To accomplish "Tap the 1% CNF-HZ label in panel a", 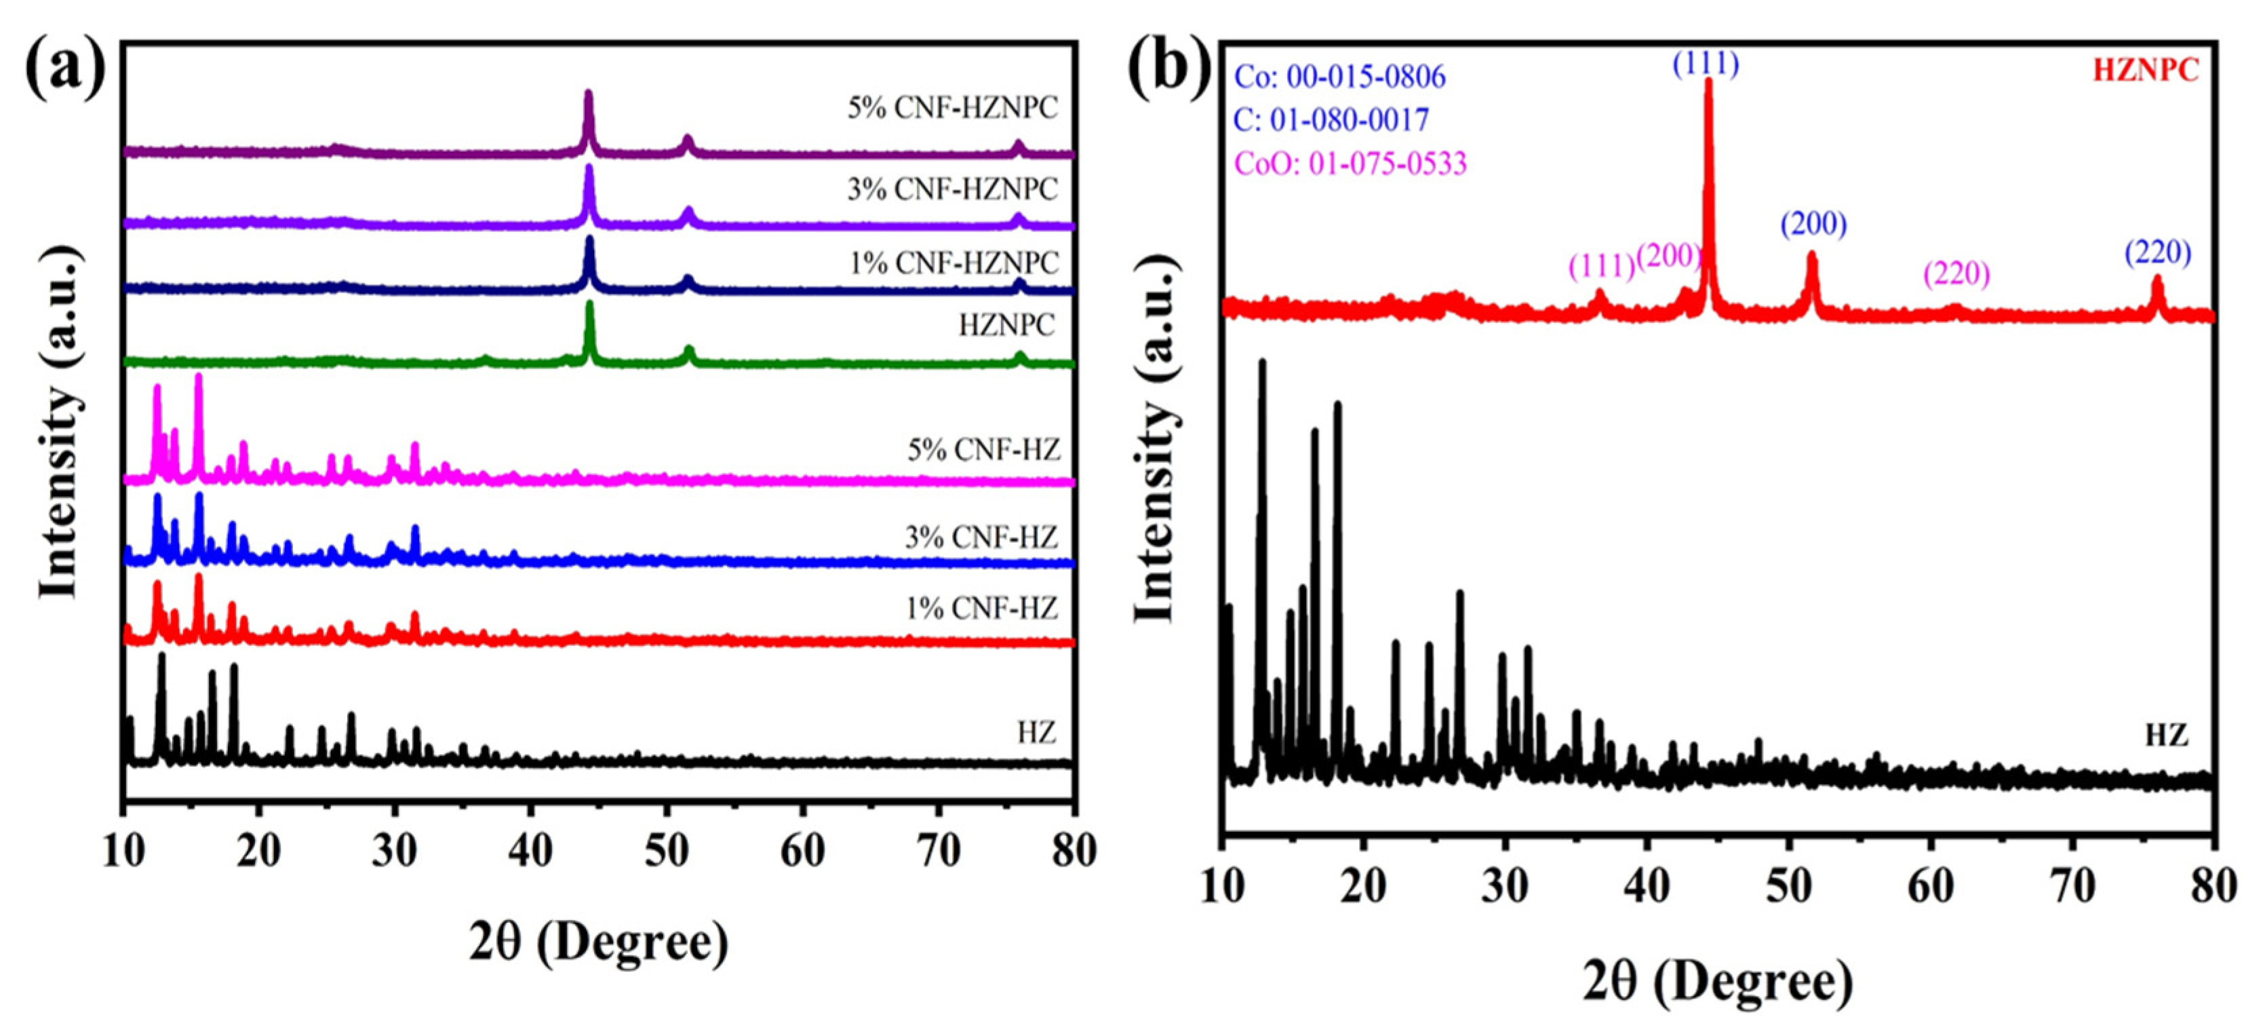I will [981, 608].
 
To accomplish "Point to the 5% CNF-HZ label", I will [983, 451].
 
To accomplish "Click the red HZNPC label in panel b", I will [2144, 71].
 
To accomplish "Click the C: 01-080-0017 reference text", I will [1331, 119].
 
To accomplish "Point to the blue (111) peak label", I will [1706, 63].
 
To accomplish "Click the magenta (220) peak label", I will [1956, 274].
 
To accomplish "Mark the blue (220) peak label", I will [2158, 253].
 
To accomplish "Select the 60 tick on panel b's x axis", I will [1930, 886].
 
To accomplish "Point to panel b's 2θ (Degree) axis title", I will [1718, 980].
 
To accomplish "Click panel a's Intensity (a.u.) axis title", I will [60, 422].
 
